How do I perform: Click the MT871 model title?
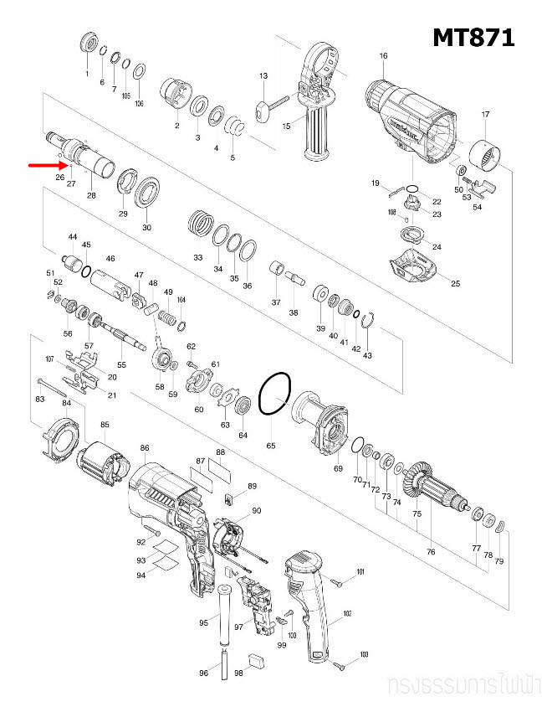pos(473,38)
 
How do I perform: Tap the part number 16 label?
pos(383,57)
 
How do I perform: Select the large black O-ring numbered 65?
pos(274,394)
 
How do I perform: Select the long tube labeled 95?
pos(225,616)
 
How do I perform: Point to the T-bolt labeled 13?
pos(268,106)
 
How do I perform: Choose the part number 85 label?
pos(105,425)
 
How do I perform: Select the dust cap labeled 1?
pos(86,44)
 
